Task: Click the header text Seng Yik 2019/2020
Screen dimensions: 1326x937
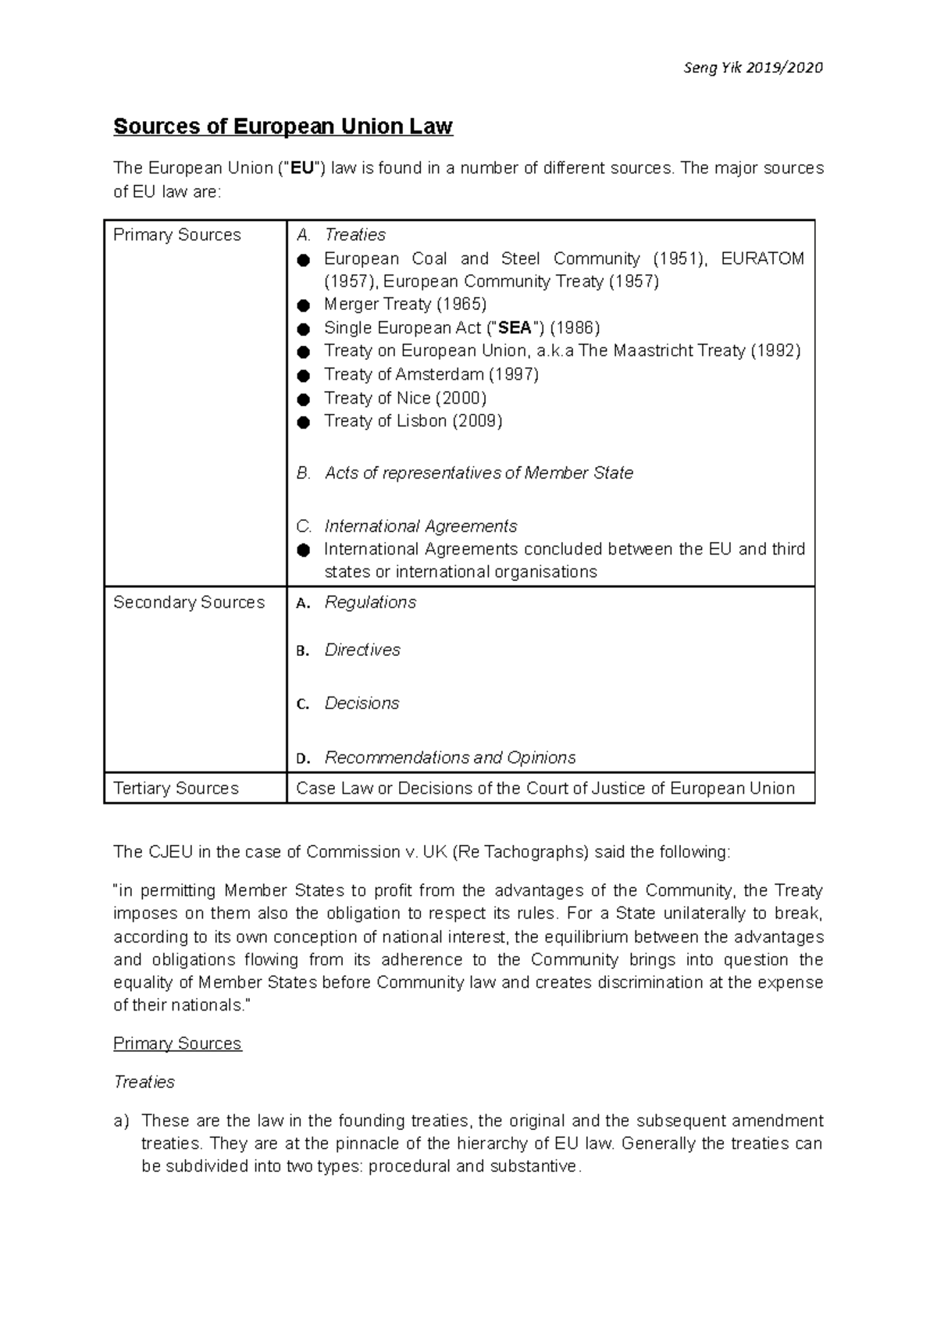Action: [752, 68]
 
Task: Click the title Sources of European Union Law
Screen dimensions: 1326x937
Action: [283, 127]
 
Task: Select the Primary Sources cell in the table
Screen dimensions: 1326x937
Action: [177, 235]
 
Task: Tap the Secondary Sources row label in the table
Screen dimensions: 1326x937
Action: [189, 602]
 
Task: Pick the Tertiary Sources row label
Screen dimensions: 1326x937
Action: [176, 788]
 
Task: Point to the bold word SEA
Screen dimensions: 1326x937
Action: [515, 328]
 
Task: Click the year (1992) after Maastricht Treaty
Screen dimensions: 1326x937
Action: [775, 351]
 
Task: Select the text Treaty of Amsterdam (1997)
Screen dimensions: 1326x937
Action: [431, 374]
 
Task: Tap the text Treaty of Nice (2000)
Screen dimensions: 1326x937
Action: [405, 398]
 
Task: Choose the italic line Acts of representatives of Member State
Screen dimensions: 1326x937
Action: [479, 473]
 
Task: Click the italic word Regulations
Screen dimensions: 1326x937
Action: [370, 602]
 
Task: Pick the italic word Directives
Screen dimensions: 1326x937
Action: [362, 650]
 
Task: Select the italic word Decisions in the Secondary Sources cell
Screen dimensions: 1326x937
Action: [362, 703]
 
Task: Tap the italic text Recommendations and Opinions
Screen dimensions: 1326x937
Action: [450, 757]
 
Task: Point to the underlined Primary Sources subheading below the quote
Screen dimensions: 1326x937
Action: [177, 1043]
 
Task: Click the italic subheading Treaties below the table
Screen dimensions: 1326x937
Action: [144, 1082]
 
